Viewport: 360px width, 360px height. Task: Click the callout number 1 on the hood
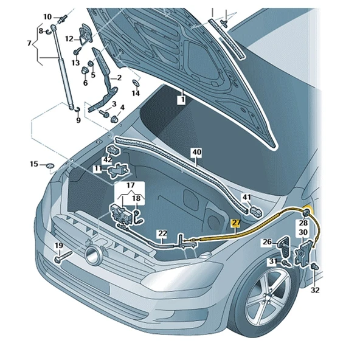pos(181,98)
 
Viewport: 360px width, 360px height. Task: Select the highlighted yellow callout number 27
pos(236,224)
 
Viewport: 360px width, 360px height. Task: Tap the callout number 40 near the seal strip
pos(196,151)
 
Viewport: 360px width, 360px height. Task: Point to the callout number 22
pos(162,233)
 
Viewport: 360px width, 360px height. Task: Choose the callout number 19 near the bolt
pos(59,246)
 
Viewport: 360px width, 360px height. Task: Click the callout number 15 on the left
pos(34,164)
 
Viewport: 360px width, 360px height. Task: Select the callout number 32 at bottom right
pos(314,290)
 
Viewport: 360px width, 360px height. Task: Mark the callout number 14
pos(136,93)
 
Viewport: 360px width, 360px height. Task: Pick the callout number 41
pos(246,197)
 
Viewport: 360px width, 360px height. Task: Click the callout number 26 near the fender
pos(266,242)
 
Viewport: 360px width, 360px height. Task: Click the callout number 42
pos(108,160)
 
